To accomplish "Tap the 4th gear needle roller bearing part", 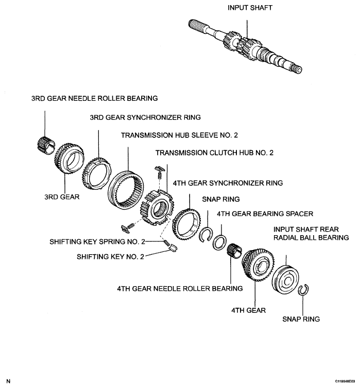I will coord(235,253).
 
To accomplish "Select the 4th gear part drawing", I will coord(256,266).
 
